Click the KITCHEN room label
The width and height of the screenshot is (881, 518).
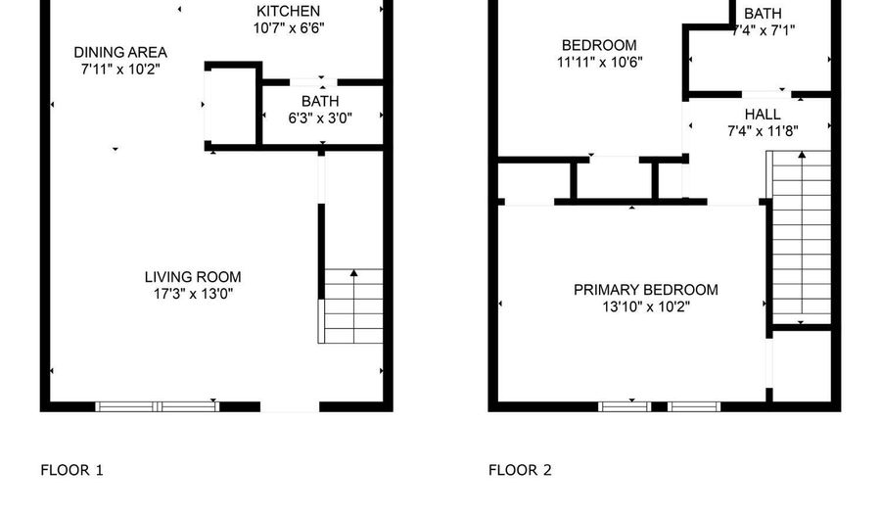[x=288, y=11]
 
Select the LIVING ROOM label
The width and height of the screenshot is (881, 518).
[x=192, y=277]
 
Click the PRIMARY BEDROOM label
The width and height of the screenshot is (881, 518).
[x=645, y=290]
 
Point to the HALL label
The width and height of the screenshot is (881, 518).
[x=762, y=115]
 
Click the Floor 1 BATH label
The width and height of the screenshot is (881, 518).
[x=319, y=101]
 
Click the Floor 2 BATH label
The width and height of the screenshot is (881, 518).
[x=763, y=14]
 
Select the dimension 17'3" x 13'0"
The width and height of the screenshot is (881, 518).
[x=192, y=294]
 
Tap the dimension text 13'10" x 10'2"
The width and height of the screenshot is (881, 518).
[x=645, y=306]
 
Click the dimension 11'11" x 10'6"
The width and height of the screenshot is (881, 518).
[x=599, y=62]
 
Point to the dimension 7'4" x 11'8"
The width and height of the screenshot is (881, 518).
[x=762, y=131]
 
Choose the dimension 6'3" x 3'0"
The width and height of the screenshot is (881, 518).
[x=319, y=118]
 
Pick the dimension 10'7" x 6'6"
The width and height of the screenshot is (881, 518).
[x=288, y=27]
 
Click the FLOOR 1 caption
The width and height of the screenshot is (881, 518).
[x=71, y=470]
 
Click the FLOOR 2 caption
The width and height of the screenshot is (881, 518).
[x=520, y=470]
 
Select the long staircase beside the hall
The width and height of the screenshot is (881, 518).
[x=802, y=238]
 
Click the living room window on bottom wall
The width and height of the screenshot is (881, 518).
[x=158, y=405]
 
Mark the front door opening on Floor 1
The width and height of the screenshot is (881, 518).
[x=290, y=406]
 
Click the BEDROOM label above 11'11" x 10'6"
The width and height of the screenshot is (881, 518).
[x=599, y=45]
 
